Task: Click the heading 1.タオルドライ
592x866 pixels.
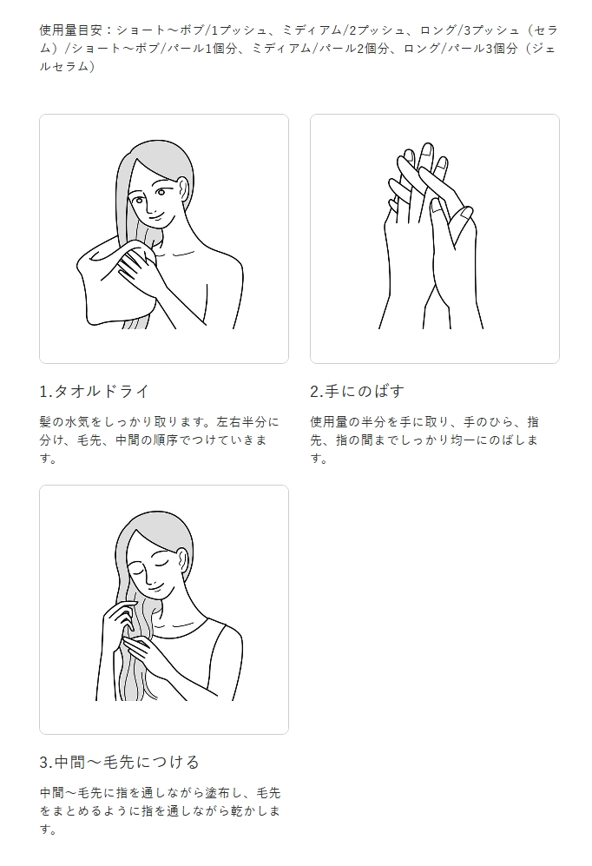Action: click(95, 391)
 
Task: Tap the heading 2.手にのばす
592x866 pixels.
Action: click(357, 391)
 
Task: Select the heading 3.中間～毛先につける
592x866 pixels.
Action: click(119, 762)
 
